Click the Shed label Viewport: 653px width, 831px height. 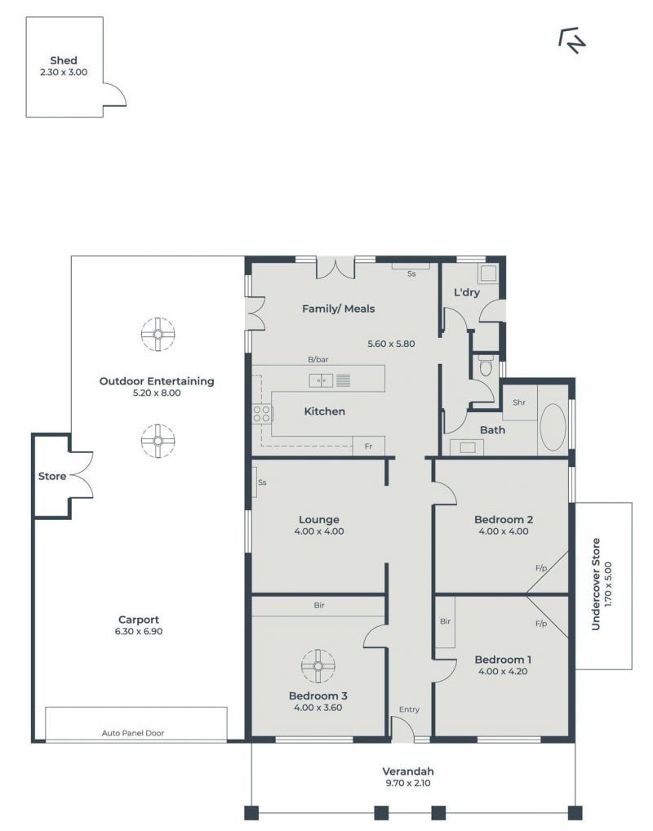[x=64, y=60]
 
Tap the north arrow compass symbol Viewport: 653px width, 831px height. [x=572, y=40]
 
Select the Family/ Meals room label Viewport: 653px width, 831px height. [x=338, y=309]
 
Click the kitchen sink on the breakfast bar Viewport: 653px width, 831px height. [x=321, y=380]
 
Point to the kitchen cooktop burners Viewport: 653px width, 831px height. [x=262, y=413]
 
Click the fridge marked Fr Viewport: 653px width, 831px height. [x=368, y=447]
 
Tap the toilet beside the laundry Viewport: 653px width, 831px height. [x=486, y=367]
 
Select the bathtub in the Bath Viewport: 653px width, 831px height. [x=553, y=427]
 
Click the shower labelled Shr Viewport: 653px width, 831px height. [x=519, y=402]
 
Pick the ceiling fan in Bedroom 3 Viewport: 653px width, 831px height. [x=318, y=666]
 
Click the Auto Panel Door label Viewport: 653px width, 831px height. [x=133, y=733]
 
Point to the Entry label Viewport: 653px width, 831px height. [x=409, y=709]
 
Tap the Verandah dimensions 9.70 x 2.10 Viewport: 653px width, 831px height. [x=408, y=783]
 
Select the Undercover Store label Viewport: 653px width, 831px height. [x=596, y=584]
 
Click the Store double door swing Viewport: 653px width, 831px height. [x=81, y=475]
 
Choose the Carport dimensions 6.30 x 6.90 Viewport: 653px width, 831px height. [x=139, y=631]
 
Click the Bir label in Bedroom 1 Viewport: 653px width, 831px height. [x=445, y=621]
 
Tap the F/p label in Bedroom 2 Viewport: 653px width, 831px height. [x=541, y=568]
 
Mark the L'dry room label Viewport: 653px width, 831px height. [x=467, y=292]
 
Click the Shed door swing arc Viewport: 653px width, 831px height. [x=118, y=91]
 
